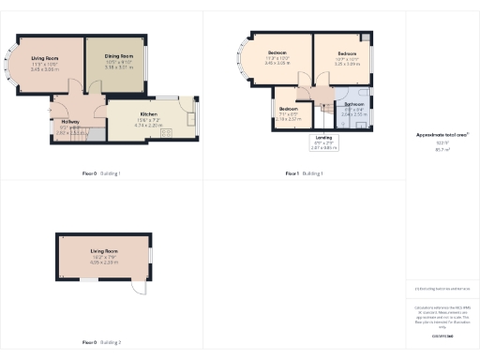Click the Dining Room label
[x=119, y=56]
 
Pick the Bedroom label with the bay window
[x=278, y=52]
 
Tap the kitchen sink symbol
[x=191, y=117]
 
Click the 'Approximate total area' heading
[x=442, y=135]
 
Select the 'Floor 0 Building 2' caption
[x=101, y=342]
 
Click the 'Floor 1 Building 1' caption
[x=305, y=173]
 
